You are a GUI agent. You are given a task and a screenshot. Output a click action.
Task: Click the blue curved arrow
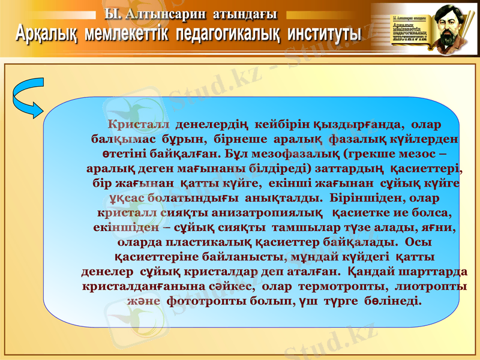pos(26,98)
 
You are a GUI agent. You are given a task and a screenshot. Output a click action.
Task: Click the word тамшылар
pos(305,227)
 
